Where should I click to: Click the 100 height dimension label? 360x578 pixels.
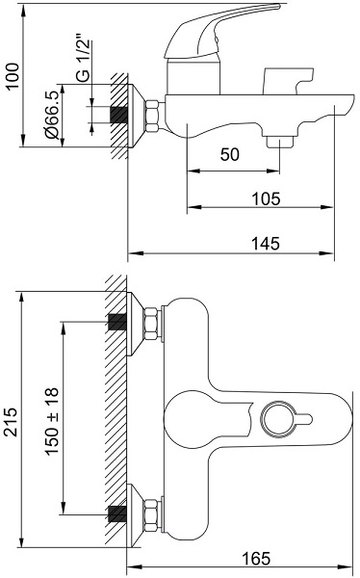pos(13,75)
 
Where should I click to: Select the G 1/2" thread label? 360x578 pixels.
pos(83,58)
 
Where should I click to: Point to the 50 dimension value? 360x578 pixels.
pos(229,154)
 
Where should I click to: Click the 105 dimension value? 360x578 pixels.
pos(266,198)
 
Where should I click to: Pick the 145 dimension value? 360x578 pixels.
pos(266,244)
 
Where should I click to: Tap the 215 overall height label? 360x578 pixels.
pos(13,422)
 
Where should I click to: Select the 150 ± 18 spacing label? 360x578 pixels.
pos(52,421)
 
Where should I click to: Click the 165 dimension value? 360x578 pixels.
pos(256,558)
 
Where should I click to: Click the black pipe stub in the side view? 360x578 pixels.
pos(118,115)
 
